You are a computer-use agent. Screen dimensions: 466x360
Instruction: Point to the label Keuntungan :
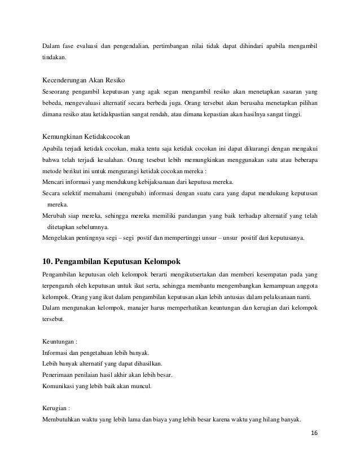coord(60,341)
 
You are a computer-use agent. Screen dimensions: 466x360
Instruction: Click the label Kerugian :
coord(56,406)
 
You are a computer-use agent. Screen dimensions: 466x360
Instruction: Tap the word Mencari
coord(55,182)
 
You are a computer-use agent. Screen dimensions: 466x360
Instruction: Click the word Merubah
coord(55,216)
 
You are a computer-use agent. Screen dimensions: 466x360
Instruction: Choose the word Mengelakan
coord(61,238)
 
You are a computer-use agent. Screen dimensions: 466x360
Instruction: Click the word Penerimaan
coord(62,375)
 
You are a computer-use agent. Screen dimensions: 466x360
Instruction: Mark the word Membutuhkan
coord(64,419)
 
